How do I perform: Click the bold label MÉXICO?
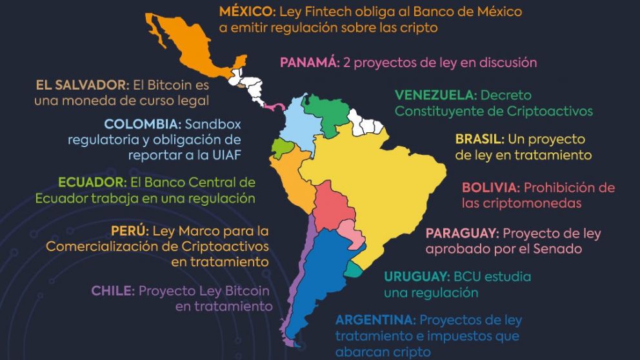pyautogui.click(x=244, y=12)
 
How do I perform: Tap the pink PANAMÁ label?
pyautogui.click(x=309, y=63)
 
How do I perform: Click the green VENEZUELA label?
pyautogui.click(x=435, y=95)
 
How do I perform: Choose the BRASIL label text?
pyautogui.click(x=479, y=139)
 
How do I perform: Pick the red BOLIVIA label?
pyautogui.click(x=490, y=187)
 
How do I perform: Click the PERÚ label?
pyautogui.click(x=130, y=230)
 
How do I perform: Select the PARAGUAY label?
pyautogui.click(x=462, y=232)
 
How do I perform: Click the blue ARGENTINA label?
pyautogui.click(x=375, y=320)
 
